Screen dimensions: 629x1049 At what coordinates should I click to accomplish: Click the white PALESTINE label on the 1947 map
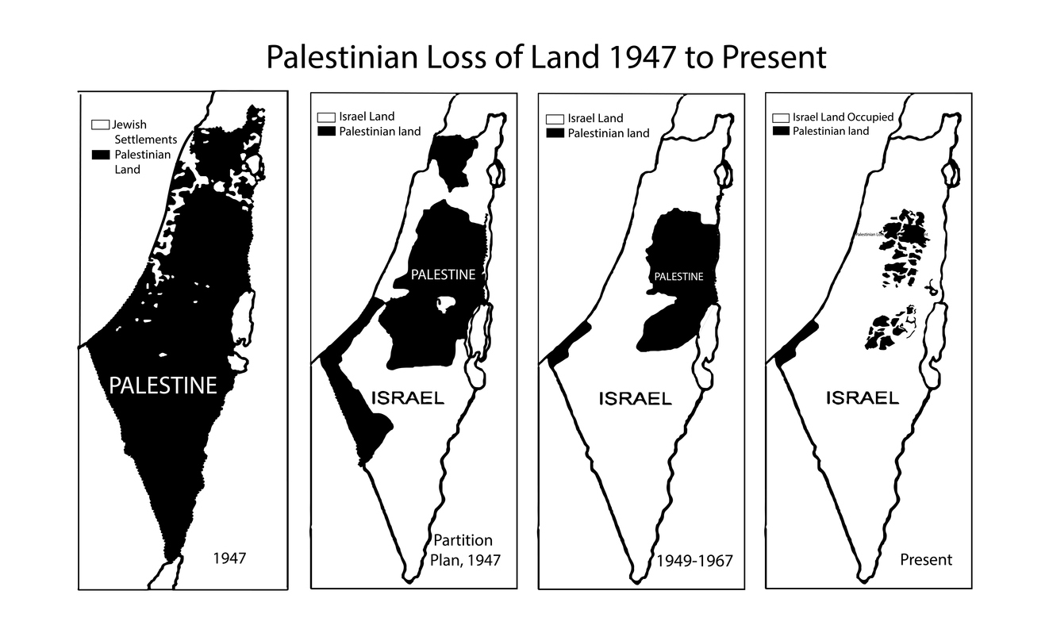point(163,385)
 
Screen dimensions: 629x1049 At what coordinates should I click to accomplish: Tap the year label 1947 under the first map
point(230,558)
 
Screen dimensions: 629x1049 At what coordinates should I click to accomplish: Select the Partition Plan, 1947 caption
point(467,550)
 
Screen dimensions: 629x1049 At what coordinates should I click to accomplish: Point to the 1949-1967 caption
point(695,561)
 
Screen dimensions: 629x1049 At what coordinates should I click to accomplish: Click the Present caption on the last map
point(926,560)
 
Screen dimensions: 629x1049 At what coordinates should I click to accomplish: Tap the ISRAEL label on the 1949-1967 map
point(635,398)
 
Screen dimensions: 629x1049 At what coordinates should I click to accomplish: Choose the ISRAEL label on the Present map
point(863,398)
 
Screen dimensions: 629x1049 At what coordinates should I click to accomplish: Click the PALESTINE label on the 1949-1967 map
point(678,277)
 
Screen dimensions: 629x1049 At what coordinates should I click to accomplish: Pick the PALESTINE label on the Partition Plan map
point(443,274)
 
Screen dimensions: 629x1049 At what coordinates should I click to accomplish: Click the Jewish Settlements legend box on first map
point(100,125)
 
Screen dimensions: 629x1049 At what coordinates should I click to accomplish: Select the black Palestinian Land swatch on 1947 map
point(100,154)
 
